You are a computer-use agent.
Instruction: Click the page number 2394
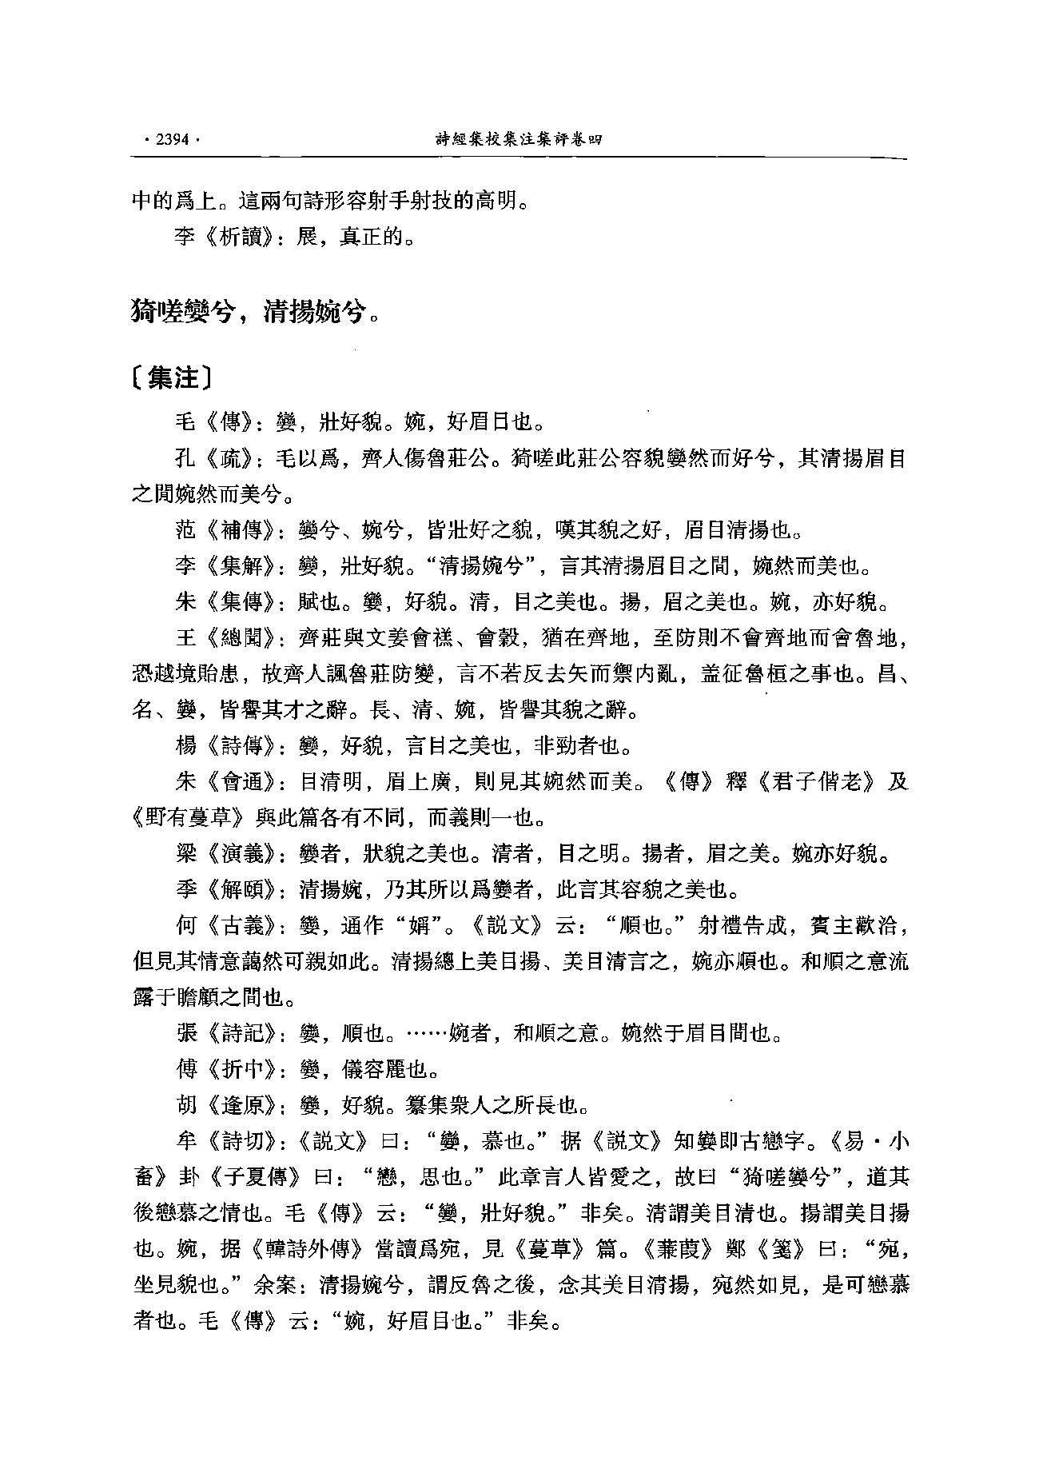click(x=171, y=139)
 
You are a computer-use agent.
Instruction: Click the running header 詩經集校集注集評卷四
click(x=517, y=139)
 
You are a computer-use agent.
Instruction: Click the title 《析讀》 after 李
click(x=236, y=238)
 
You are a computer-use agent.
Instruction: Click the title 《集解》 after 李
click(x=236, y=567)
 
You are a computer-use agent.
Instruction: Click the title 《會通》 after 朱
click(x=236, y=783)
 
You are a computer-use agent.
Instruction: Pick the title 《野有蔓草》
click(x=189, y=819)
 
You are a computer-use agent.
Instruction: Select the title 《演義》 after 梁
click(x=236, y=855)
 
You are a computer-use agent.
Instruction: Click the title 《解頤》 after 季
click(x=236, y=890)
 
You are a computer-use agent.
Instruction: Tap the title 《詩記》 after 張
click(x=236, y=1035)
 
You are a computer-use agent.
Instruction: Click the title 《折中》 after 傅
click(x=236, y=1070)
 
